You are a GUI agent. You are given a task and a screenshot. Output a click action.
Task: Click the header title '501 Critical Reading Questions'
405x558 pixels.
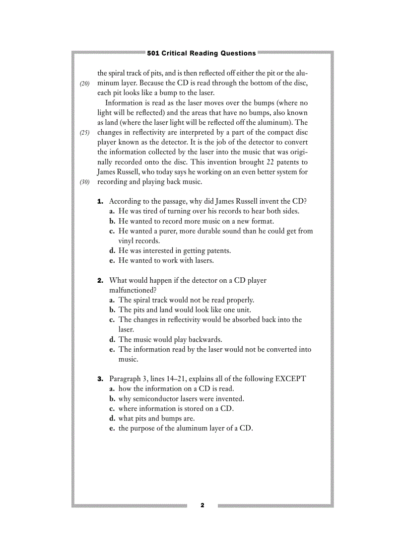(x=202, y=53)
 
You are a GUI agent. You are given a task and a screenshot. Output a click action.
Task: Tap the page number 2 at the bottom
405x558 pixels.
(x=202, y=505)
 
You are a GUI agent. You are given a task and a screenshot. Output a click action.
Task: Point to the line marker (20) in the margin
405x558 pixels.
(x=84, y=83)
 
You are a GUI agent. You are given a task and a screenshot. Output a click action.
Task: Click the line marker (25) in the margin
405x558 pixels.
(x=84, y=133)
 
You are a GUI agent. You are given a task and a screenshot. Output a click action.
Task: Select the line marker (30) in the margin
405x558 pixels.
(x=84, y=182)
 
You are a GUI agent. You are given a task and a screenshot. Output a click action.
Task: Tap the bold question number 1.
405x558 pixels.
(x=100, y=201)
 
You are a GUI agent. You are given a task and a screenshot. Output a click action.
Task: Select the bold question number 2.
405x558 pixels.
(x=100, y=280)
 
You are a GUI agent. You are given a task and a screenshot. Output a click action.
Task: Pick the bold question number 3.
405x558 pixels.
(x=100, y=379)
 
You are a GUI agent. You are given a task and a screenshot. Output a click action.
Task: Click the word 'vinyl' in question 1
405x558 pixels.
(x=127, y=240)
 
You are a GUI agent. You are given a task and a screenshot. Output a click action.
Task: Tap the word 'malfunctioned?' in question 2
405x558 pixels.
(x=133, y=290)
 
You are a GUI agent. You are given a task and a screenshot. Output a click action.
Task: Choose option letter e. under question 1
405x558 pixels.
(x=112, y=260)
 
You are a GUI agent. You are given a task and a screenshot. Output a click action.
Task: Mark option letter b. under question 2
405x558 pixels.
(x=113, y=310)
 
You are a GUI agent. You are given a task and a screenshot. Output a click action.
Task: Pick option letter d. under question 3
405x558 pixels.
(x=113, y=418)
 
